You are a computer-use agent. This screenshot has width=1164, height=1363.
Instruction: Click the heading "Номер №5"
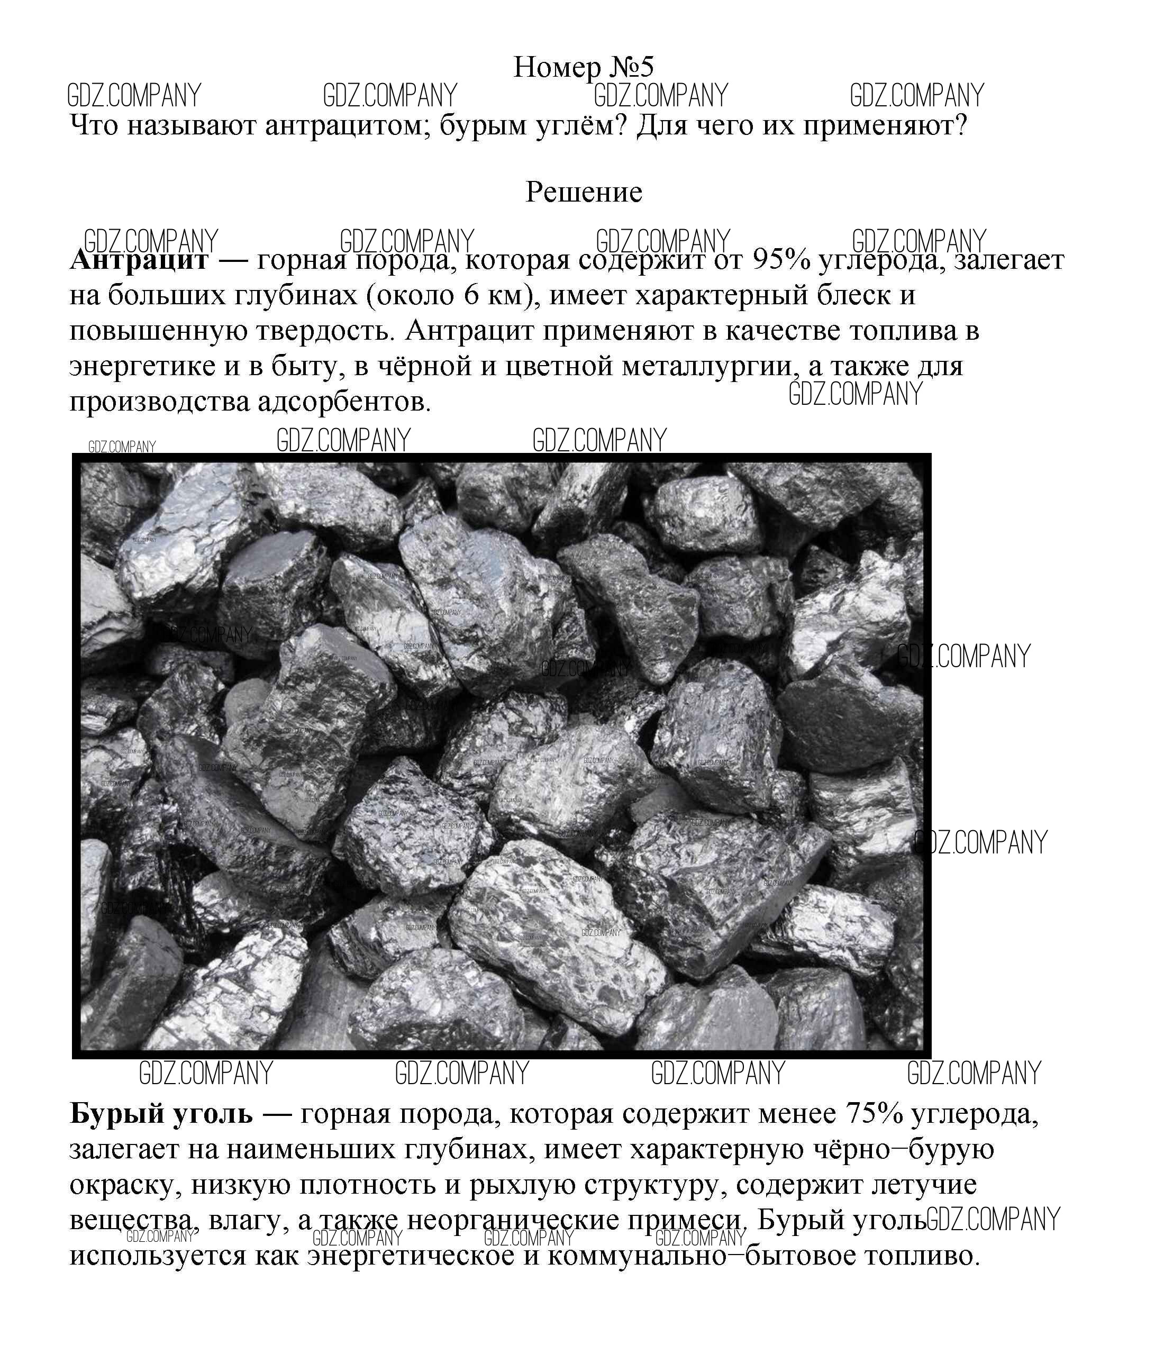[x=583, y=67]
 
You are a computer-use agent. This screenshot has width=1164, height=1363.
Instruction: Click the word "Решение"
[x=583, y=192]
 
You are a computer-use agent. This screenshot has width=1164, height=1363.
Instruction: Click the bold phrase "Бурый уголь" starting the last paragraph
[x=161, y=1114]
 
